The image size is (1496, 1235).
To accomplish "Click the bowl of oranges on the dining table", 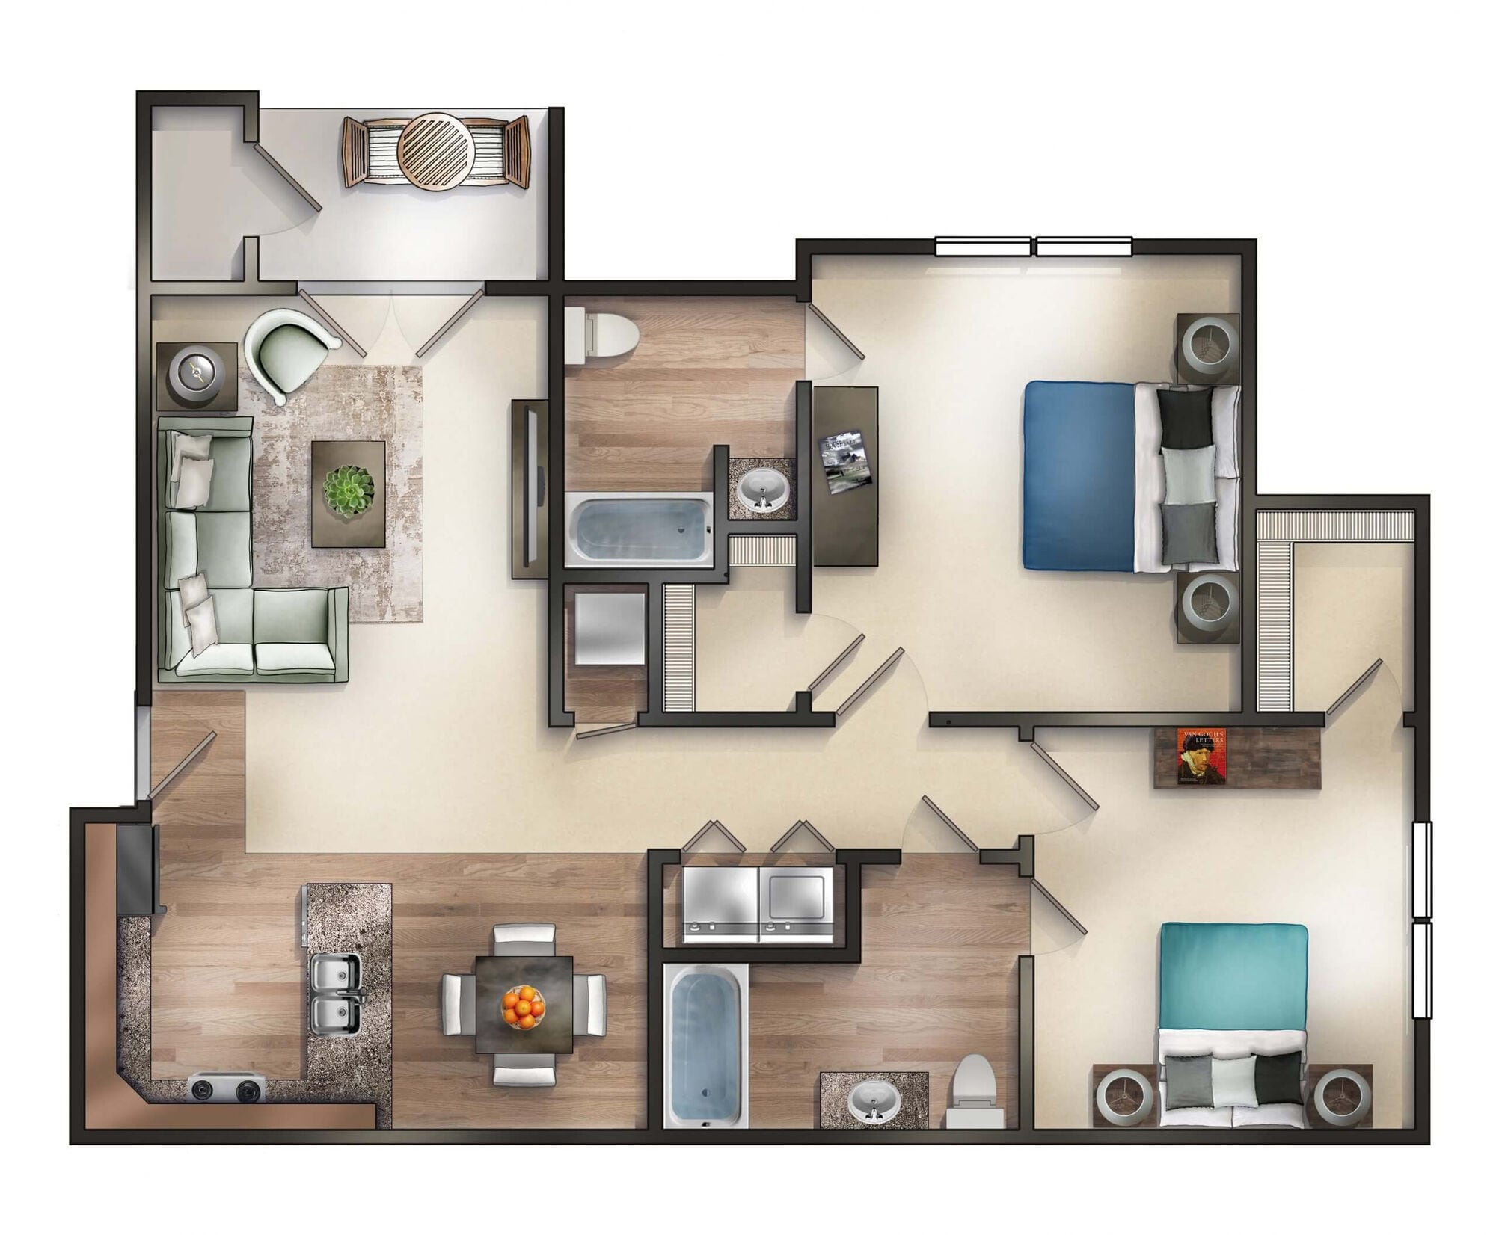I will [x=523, y=1007].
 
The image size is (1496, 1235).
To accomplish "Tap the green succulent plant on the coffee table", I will [x=346, y=490].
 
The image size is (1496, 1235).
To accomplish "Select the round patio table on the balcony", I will [x=435, y=152].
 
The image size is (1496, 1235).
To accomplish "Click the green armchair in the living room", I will [x=288, y=351].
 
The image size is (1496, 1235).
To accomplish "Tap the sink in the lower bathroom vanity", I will [x=873, y=1102].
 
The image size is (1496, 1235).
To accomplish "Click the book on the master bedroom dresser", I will [x=846, y=461].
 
